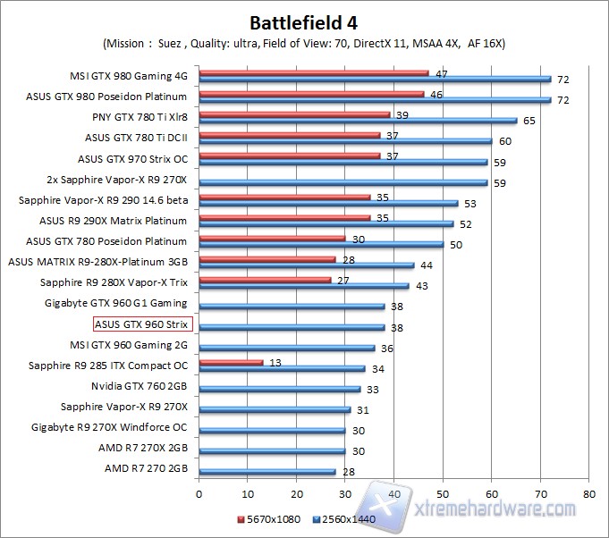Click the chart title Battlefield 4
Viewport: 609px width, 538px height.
click(305, 21)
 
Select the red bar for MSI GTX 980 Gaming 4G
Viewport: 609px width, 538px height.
click(313, 73)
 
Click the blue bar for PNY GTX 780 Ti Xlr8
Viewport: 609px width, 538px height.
click(358, 120)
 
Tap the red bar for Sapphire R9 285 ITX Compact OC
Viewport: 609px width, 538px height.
click(231, 362)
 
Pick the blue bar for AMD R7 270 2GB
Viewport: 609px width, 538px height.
click(267, 471)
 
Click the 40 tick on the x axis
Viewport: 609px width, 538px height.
click(393, 492)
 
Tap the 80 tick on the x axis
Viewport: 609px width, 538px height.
click(588, 492)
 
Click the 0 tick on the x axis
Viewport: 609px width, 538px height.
click(199, 492)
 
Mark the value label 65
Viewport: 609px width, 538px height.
click(529, 120)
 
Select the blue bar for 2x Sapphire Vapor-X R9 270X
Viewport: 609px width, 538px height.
click(343, 182)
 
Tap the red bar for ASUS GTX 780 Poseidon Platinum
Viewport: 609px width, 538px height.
click(272, 238)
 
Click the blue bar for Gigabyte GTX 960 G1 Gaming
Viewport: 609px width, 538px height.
click(292, 306)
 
